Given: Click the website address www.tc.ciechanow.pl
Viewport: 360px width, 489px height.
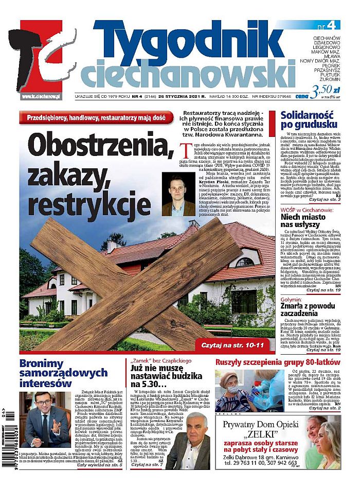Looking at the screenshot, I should point(41,96).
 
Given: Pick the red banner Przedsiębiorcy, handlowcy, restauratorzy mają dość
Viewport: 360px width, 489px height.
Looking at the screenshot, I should point(96,117).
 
